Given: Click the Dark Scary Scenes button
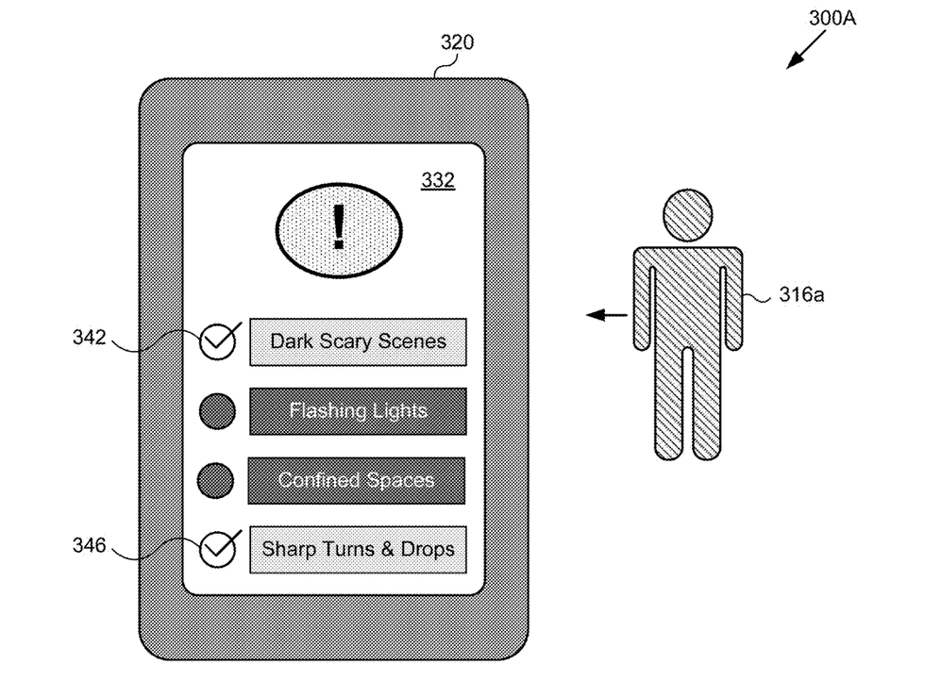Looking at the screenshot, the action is (x=358, y=342).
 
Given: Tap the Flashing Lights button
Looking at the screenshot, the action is (x=358, y=411).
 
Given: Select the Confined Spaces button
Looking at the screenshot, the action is (x=357, y=481).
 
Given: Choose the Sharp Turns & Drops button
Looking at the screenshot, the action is (x=358, y=550).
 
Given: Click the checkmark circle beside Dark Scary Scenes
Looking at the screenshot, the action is (x=217, y=342).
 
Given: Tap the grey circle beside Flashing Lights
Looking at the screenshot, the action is (x=217, y=411).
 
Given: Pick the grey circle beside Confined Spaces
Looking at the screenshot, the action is (x=215, y=480).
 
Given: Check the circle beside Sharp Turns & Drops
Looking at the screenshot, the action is (x=217, y=550).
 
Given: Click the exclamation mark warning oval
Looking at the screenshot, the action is (x=339, y=230).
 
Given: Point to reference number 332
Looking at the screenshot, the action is (x=438, y=180).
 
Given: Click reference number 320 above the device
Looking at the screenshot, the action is (x=457, y=42).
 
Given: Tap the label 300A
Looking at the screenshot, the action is (x=832, y=18).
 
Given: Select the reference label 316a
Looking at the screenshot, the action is (x=801, y=294).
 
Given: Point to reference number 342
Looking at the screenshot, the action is (x=89, y=338).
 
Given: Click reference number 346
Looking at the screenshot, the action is (x=89, y=545).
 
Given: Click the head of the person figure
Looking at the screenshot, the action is (x=688, y=215).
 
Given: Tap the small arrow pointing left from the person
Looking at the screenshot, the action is (x=606, y=315).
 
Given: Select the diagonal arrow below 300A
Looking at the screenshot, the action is (x=806, y=50).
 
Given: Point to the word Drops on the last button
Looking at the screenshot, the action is (x=428, y=550).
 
